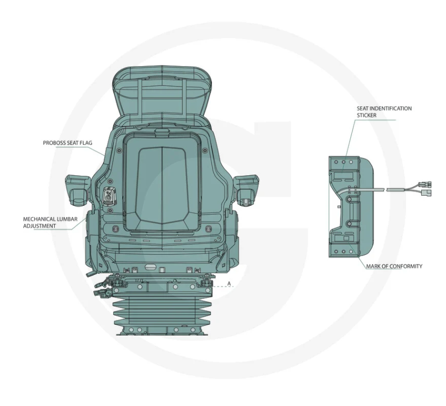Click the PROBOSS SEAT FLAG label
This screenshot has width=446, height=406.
click(68, 143)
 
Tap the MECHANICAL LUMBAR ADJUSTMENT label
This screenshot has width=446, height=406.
click(50, 223)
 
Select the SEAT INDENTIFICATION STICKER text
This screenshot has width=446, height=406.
click(384, 112)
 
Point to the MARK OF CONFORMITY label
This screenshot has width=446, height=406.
click(394, 266)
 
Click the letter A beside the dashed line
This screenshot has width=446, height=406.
click(229, 284)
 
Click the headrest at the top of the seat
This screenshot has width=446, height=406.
click(162, 94)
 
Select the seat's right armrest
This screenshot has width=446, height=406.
click(246, 190)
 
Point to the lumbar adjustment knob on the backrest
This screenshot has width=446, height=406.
click(109, 197)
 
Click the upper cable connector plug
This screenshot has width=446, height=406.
click(424, 184)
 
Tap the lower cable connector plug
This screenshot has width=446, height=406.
click(427, 193)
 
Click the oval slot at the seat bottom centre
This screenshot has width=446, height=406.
click(150, 267)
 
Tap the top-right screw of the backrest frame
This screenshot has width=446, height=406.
click(204, 151)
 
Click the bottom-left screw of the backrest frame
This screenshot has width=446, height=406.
click(115, 229)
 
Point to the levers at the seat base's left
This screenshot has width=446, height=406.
click(102, 287)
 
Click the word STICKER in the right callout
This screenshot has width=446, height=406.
click(366, 115)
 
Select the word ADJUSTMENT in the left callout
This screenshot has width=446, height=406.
click(39, 226)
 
